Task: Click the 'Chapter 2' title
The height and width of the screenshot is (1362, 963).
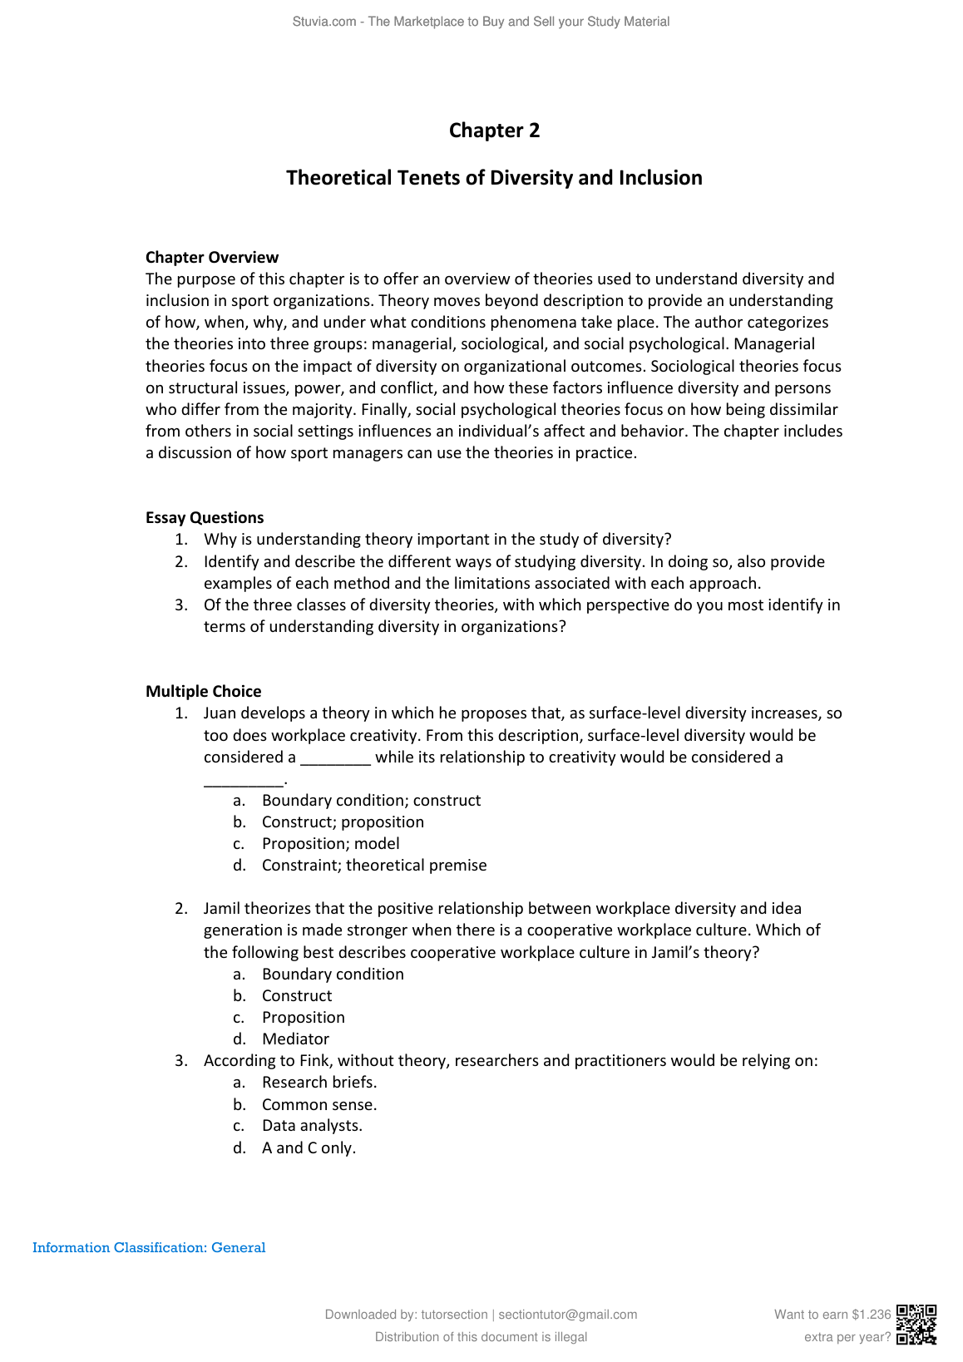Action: point(494,131)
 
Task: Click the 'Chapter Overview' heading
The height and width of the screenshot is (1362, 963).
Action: point(212,257)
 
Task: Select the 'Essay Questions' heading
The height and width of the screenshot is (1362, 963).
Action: point(205,517)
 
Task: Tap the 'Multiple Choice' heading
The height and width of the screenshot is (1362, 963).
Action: point(203,691)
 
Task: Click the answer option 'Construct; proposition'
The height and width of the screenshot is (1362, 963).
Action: point(343,822)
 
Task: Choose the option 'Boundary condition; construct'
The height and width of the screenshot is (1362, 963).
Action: point(371,800)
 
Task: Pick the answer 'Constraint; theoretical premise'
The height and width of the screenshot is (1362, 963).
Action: point(374,865)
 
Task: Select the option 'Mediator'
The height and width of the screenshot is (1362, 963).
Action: point(295,1039)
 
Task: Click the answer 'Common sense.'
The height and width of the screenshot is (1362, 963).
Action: point(319,1104)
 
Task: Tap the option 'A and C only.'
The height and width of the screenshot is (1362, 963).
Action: point(309,1147)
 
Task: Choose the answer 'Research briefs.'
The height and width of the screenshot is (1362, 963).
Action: point(319,1082)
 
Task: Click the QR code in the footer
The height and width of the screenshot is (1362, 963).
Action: point(916,1325)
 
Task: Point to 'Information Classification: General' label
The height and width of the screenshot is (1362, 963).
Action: point(149,1247)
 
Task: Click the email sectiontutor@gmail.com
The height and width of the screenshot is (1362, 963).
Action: point(568,1315)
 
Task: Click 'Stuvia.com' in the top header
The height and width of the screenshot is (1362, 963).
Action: point(324,22)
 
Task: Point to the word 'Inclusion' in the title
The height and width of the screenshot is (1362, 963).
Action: point(660,178)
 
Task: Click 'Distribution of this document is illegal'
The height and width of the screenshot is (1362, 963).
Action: point(481,1337)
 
